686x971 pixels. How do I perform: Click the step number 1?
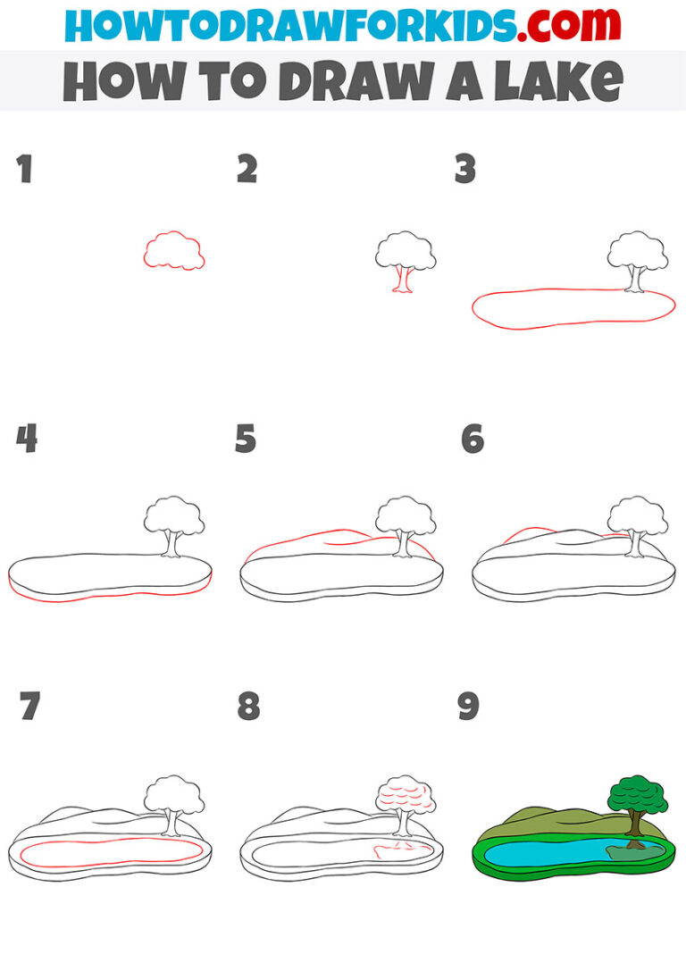tap(24, 169)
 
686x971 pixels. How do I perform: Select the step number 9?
tap(468, 707)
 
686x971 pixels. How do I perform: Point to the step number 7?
tap(29, 707)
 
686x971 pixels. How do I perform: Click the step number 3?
tap(465, 169)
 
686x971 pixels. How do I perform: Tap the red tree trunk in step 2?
tap(405, 280)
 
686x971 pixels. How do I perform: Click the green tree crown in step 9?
tap(636, 794)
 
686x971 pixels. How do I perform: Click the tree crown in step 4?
tap(173, 516)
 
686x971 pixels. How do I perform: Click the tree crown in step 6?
tap(637, 516)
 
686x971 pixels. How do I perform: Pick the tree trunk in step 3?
tap(635, 280)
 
